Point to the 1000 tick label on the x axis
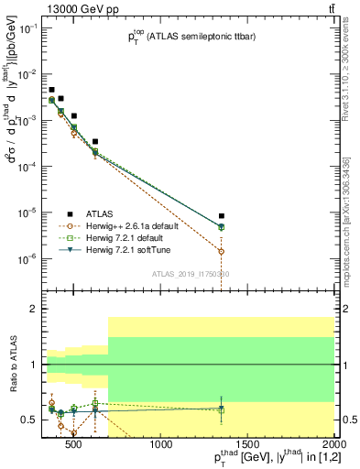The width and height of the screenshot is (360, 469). [161, 446]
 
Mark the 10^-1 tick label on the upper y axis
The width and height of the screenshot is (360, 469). [27, 28]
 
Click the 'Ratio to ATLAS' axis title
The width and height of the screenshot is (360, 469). [12, 365]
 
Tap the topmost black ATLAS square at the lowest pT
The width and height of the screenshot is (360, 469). [52, 90]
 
